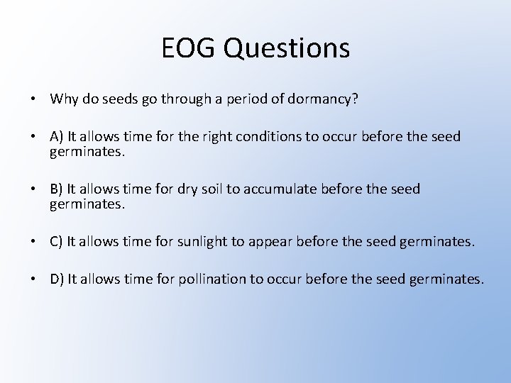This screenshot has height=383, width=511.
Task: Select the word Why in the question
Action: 63,99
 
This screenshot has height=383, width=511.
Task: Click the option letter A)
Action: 57,135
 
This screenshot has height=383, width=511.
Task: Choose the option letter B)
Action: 57,189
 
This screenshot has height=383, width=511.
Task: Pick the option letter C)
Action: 57,242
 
